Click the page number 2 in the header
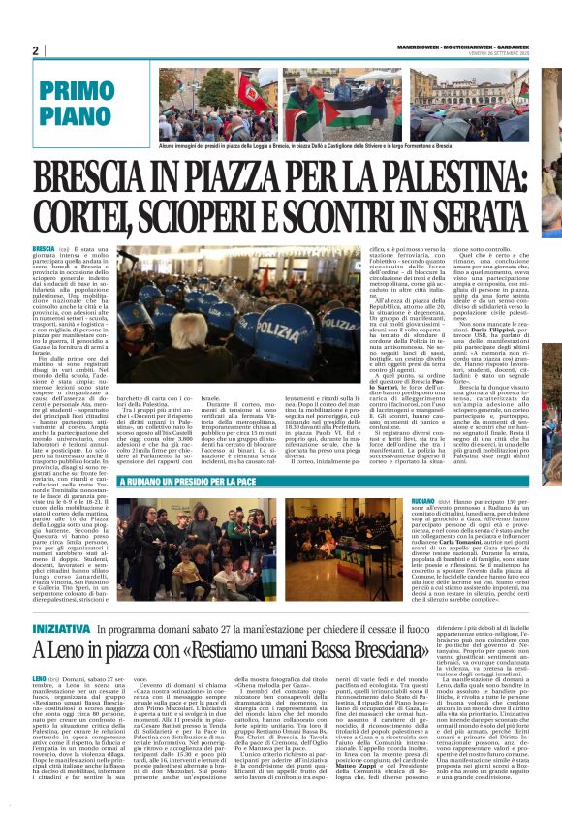click(35, 51)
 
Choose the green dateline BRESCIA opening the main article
click(43, 250)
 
